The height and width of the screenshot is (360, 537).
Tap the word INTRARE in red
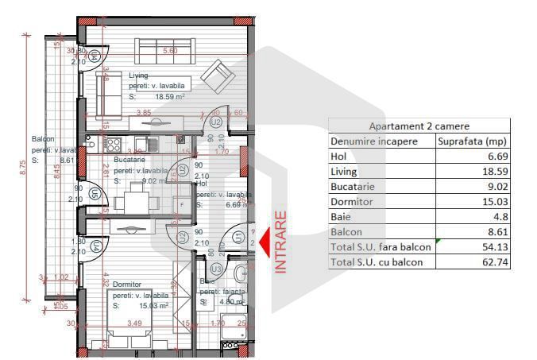(280, 242)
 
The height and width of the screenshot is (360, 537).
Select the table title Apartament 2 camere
(419, 126)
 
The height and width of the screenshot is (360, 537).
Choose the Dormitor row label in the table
(353, 201)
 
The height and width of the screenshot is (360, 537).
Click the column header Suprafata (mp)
(473, 141)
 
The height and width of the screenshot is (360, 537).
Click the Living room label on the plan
(139, 75)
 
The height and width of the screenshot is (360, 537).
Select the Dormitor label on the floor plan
(127, 284)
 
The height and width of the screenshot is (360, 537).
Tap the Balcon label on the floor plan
(43, 138)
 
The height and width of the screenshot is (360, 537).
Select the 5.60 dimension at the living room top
(169, 50)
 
